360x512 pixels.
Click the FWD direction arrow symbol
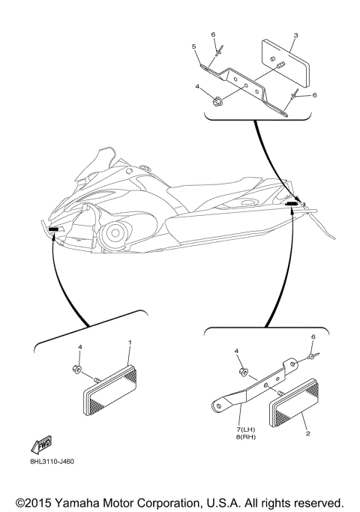[41, 445]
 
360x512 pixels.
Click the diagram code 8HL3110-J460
[52, 461]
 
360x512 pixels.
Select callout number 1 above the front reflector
[130, 342]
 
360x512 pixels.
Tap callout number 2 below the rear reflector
[307, 433]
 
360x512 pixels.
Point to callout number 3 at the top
[295, 35]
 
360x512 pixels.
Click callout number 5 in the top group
[194, 46]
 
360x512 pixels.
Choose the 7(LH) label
[246, 430]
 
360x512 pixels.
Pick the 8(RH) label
[246, 437]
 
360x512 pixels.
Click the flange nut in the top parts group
[216, 102]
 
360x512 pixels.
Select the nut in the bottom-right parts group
[244, 372]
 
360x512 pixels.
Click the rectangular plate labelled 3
[285, 64]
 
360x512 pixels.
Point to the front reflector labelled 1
[110, 390]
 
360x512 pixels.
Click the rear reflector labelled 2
[294, 403]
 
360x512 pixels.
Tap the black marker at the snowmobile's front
[53, 229]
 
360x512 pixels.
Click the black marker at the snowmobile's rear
[292, 203]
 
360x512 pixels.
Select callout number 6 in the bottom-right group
[313, 337]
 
